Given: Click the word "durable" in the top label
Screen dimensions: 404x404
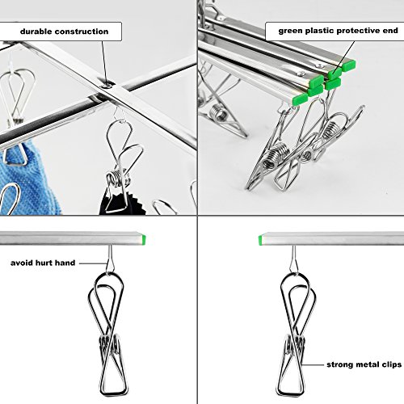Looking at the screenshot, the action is point(36,32).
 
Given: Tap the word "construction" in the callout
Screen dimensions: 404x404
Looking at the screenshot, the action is point(82,32).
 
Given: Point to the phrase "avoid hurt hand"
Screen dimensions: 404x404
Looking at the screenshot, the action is point(43,263).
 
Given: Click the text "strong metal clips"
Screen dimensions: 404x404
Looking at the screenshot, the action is point(364,364).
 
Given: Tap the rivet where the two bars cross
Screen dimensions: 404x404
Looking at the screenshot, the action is point(107,86).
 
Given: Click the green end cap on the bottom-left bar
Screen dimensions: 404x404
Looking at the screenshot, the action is point(144,239).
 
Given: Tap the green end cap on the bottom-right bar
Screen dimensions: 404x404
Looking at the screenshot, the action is point(260,240).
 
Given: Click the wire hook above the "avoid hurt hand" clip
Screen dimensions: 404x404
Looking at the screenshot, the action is point(110,259).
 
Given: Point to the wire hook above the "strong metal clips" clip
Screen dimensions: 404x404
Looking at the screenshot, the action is point(293,259).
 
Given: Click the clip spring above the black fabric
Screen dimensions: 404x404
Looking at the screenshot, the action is point(119,177).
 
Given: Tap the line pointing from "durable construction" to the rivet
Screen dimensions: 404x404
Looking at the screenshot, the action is point(104,62).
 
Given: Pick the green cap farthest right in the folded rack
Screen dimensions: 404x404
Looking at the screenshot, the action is point(349,65).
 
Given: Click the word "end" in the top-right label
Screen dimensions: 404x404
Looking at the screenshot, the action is point(390,31).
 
